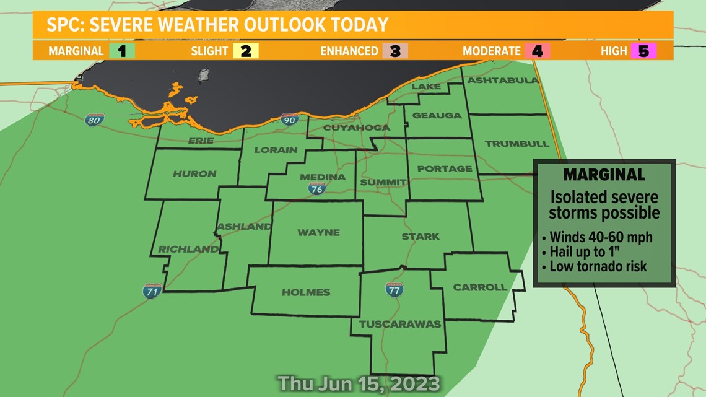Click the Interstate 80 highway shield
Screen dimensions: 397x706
coord(95,120)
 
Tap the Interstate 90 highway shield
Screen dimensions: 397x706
coord(289,120)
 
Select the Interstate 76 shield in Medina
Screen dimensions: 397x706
coord(316,189)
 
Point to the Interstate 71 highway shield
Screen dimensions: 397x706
coord(152,290)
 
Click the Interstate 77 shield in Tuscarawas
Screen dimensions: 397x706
coord(394,289)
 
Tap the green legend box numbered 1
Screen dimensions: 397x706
coord(121,51)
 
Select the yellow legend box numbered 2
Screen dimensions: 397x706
coord(246,51)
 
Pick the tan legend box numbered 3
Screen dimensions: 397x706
coord(395,51)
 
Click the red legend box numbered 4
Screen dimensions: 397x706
coord(537,51)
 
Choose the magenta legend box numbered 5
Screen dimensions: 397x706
coord(643,51)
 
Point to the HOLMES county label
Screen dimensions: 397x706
coord(306,292)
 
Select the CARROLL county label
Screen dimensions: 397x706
coord(480,287)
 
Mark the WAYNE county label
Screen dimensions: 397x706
coord(318,233)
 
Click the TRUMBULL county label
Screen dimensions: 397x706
coord(517,144)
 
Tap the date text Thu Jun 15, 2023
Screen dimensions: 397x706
coord(359,383)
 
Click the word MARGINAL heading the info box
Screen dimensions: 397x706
coord(604,175)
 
